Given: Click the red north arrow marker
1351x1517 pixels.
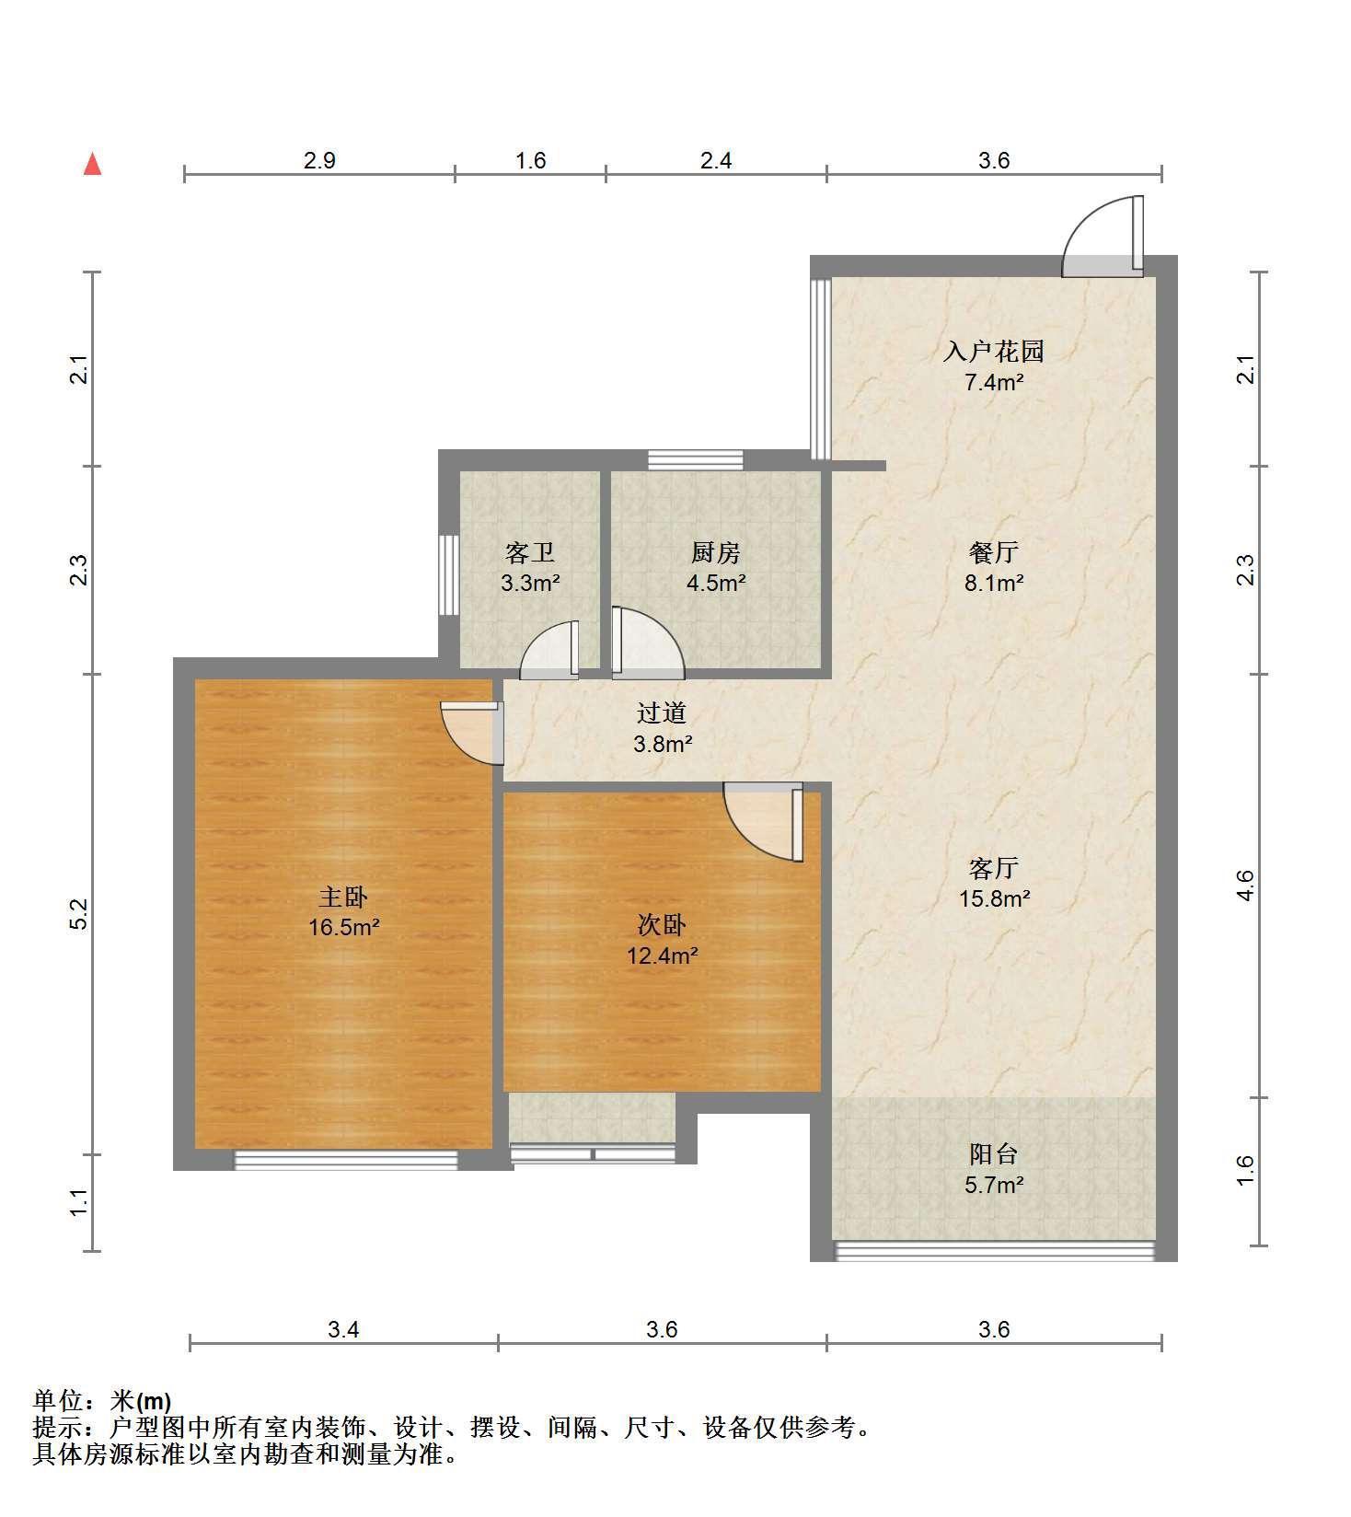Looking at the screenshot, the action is (x=92, y=164).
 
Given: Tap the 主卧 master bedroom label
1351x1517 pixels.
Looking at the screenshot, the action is (x=343, y=896).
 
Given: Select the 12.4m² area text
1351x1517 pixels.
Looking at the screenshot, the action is (x=662, y=955).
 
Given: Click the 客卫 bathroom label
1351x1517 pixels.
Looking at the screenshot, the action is (x=530, y=552).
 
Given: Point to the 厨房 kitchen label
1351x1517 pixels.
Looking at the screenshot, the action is (x=715, y=552).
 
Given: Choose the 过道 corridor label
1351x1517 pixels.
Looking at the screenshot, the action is (x=662, y=712).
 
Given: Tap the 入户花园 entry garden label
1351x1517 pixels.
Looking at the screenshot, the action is (x=994, y=351).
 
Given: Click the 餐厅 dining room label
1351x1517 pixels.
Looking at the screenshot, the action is (x=994, y=552).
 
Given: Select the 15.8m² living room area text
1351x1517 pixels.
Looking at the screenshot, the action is (x=994, y=898).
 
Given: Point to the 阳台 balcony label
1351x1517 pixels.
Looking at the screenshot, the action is (x=994, y=1153).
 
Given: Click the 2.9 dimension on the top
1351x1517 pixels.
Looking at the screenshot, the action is (x=319, y=160).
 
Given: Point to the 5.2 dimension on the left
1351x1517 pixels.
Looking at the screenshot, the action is (x=79, y=913).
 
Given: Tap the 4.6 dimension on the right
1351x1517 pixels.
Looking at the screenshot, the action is (x=1244, y=886).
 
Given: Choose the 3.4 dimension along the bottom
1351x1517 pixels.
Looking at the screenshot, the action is (x=343, y=1329).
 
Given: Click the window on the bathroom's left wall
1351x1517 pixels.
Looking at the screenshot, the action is (x=448, y=574).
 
